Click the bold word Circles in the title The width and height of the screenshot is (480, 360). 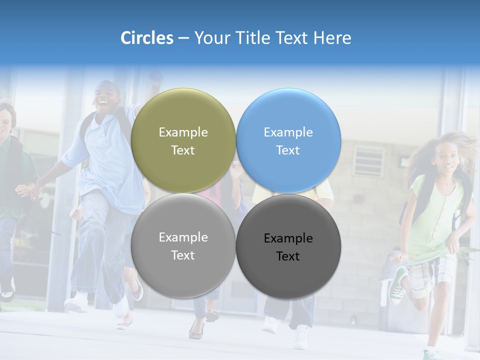[x=147, y=38]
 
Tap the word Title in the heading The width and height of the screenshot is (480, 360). [x=254, y=38]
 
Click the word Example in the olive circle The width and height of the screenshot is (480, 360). [x=183, y=132]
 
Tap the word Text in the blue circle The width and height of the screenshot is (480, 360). [x=288, y=150]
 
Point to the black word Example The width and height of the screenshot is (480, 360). [x=288, y=238]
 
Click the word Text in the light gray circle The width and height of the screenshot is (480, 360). [x=183, y=255]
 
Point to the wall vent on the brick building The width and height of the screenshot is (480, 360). [x=369, y=160]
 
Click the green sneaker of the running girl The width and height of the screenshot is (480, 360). [x=398, y=285]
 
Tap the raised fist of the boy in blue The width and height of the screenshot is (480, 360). [x=155, y=77]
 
